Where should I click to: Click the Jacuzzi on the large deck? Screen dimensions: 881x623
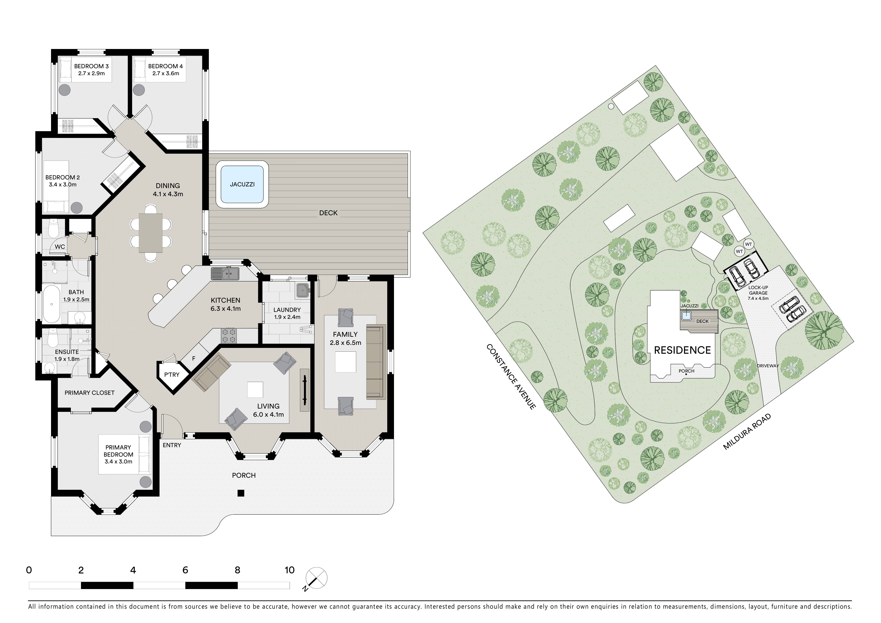[x=242, y=184]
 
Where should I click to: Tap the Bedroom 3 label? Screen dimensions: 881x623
[x=91, y=66]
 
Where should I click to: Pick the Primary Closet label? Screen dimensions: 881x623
[x=89, y=393]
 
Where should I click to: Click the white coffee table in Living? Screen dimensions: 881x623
[x=255, y=389]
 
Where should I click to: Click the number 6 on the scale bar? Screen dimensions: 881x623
[x=185, y=570]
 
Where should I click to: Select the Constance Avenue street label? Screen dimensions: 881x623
[x=511, y=377]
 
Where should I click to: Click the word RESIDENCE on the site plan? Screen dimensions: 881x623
[x=682, y=350]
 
